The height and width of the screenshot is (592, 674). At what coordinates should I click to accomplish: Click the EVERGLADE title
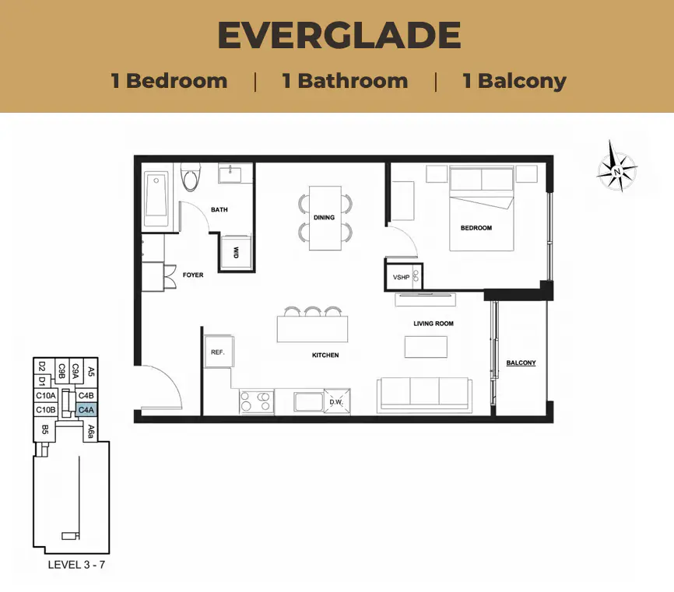point(339,35)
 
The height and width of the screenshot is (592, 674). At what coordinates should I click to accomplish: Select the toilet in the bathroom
point(191,177)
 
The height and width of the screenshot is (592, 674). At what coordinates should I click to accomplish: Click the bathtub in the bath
point(156,199)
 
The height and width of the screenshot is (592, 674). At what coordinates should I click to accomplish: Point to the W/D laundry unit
point(236,252)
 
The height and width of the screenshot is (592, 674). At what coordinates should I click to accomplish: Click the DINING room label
point(324,217)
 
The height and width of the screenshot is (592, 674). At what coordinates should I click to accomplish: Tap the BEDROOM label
point(476,228)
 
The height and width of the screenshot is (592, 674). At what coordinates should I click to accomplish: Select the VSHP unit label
point(401,278)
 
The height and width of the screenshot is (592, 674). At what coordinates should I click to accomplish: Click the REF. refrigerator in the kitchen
point(219,352)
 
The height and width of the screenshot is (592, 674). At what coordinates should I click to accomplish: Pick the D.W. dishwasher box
point(337,401)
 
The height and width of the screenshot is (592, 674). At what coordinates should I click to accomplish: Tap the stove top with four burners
point(257,401)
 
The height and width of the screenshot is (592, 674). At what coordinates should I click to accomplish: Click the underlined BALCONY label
point(521,363)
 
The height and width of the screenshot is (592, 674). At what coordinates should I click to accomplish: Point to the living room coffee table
point(426,347)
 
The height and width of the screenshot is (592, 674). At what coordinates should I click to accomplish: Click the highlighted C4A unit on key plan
point(86,410)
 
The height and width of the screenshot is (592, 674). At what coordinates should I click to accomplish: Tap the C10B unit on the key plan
point(45,410)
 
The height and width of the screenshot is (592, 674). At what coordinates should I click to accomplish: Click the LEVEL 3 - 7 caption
point(76,565)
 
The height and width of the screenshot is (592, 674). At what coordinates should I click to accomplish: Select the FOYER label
point(193,275)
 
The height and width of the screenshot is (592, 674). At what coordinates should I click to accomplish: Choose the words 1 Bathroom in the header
point(345,81)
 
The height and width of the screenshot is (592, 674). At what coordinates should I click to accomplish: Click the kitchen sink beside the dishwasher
point(309,401)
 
